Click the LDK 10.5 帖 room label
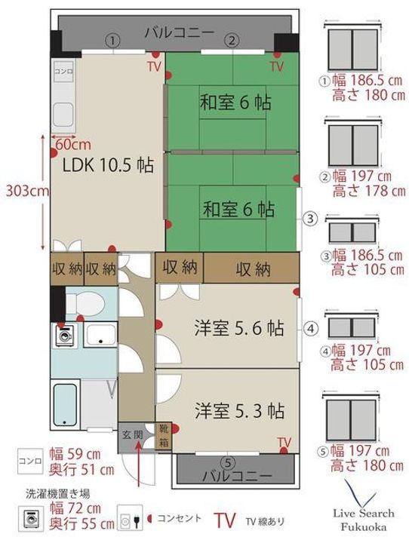tap(108, 165)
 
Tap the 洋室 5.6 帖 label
tap(238, 327)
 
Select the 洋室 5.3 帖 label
tap(239, 411)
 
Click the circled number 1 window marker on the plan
tap(112, 41)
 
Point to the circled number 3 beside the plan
tap(311, 219)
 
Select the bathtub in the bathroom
tap(65, 404)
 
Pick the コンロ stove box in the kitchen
tap(63, 72)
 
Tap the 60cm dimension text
tap(73, 144)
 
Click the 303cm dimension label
tap(27, 191)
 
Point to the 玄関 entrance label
tap(132, 435)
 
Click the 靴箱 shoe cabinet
tap(163, 436)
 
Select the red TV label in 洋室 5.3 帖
tap(284, 442)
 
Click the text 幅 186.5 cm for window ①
tap(367, 81)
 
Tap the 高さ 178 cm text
tap(369, 191)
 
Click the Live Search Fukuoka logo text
tap(364, 520)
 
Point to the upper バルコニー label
tap(180, 33)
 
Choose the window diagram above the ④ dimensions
tap(352, 327)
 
